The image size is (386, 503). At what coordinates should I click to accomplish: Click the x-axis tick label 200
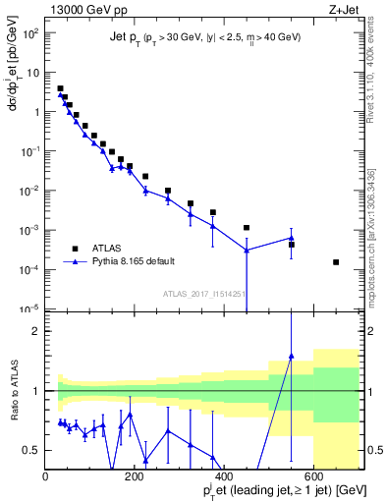pos(136,477)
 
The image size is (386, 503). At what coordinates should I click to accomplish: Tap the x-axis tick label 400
pos(224,477)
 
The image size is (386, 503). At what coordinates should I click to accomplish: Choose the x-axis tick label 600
pos(313,477)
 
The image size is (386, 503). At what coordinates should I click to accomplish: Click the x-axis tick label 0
pos(46,477)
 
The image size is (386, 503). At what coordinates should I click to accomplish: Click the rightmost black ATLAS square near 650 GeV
pos(336,262)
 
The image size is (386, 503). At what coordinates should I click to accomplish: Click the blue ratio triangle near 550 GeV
pos(291,356)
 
